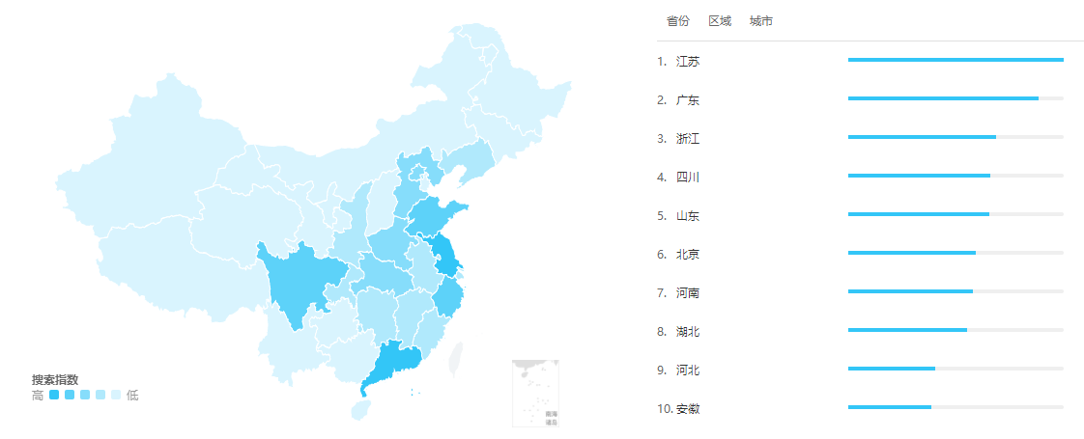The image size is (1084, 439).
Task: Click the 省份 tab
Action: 678,21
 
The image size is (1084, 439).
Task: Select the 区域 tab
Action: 720,21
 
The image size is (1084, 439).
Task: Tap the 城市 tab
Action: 761,21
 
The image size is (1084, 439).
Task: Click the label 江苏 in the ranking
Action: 688,62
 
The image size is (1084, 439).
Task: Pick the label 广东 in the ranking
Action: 688,100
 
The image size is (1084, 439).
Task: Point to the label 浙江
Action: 688,139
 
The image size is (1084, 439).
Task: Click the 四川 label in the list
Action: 688,178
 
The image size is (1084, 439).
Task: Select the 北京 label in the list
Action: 688,255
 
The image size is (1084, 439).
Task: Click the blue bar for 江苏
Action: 955,60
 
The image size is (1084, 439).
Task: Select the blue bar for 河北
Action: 891,369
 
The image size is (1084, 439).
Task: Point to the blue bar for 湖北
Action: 907,330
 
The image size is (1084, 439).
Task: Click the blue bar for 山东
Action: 918,214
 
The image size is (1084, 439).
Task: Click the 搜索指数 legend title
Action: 55,379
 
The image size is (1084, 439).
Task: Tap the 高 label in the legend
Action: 38,395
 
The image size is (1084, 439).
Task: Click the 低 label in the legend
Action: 132,395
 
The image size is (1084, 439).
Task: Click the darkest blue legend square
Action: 54,395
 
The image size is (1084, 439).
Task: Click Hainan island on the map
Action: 359,409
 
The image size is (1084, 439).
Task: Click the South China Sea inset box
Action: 535,393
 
